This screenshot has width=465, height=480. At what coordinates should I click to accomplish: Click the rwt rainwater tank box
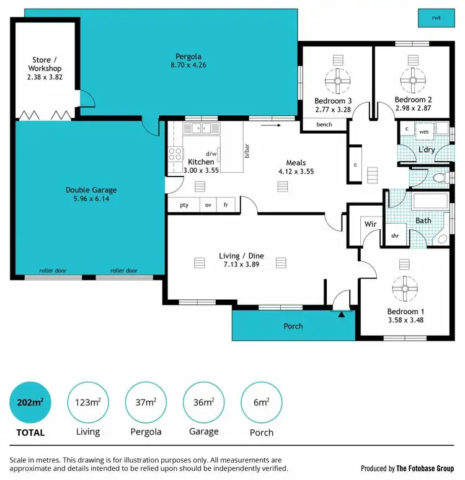pyautogui.click(x=436, y=19)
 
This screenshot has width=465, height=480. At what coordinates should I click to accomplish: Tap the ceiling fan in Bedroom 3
pyautogui.click(x=338, y=80)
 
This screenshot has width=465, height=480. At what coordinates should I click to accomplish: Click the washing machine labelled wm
pyautogui.click(x=423, y=131)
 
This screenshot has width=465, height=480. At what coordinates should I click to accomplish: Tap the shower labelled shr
pyautogui.click(x=394, y=236)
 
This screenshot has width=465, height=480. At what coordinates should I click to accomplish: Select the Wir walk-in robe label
pyautogui.click(x=371, y=224)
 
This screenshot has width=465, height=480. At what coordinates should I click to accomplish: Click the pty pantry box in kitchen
pyautogui.click(x=184, y=205)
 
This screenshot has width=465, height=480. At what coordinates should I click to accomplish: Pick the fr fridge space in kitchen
pyautogui.click(x=226, y=205)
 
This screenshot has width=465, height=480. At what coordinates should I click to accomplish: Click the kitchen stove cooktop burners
pyautogui.click(x=175, y=154)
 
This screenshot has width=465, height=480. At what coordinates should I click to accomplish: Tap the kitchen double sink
pyautogui.click(x=202, y=129)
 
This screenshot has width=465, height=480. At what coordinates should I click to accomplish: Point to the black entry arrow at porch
pyautogui.click(x=340, y=314)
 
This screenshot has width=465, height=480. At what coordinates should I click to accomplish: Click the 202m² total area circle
pyautogui.click(x=30, y=402)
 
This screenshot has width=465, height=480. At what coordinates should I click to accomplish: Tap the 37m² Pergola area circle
pyautogui.click(x=145, y=402)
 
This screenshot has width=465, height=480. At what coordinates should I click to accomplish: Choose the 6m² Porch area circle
pyautogui.click(x=261, y=402)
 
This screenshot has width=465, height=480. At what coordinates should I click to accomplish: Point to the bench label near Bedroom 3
pyautogui.click(x=324, y=124)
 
